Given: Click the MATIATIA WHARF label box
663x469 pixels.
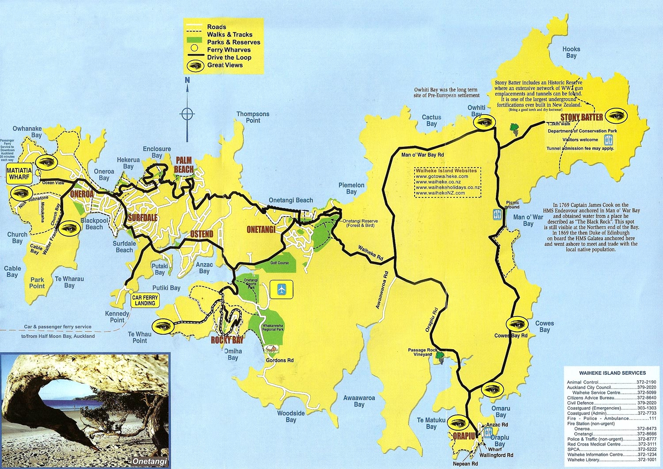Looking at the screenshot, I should click(x=19, y=174).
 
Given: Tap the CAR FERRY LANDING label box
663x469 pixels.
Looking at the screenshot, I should click(x=145, y=301).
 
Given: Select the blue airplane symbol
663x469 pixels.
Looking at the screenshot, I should click(x=282, y=290).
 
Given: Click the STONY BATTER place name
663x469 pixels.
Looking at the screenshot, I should click(x=581, y=117).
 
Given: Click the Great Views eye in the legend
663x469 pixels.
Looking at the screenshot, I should click(x=194, y=66).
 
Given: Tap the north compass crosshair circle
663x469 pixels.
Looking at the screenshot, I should click(x=187, y=114).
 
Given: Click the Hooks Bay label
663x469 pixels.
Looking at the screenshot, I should click(x=571, y=52).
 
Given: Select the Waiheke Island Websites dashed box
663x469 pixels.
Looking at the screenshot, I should click(x=447, y=182).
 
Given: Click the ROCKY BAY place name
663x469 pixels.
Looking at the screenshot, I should click(x=227, y=340).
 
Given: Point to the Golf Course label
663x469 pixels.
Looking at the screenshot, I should click(x=279, y=263).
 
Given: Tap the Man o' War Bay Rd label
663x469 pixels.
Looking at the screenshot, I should click(x=422, y=155).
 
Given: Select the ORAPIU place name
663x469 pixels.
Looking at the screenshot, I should click(x=464, y=436).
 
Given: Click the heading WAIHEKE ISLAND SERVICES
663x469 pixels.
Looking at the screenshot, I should click(x=612, y=373).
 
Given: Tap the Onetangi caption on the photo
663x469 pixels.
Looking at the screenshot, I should click(x=150, y=461).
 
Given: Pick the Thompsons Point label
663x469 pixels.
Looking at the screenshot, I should click(x=253, y=117).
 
